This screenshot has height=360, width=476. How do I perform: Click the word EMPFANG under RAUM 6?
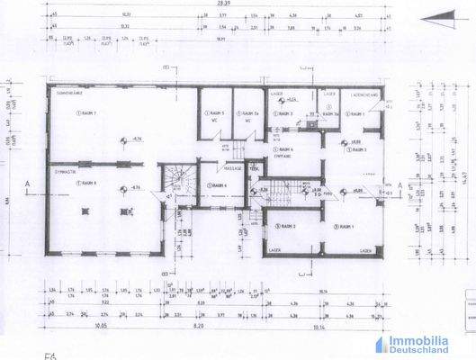(x=286, y=156)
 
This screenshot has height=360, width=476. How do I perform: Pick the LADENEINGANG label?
(x=362, y=94)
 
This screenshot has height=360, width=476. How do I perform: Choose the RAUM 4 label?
(x=219, y=186)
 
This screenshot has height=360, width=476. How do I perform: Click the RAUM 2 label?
(x=288, y=225)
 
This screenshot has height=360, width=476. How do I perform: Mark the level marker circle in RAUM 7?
(x=123, y=139)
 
